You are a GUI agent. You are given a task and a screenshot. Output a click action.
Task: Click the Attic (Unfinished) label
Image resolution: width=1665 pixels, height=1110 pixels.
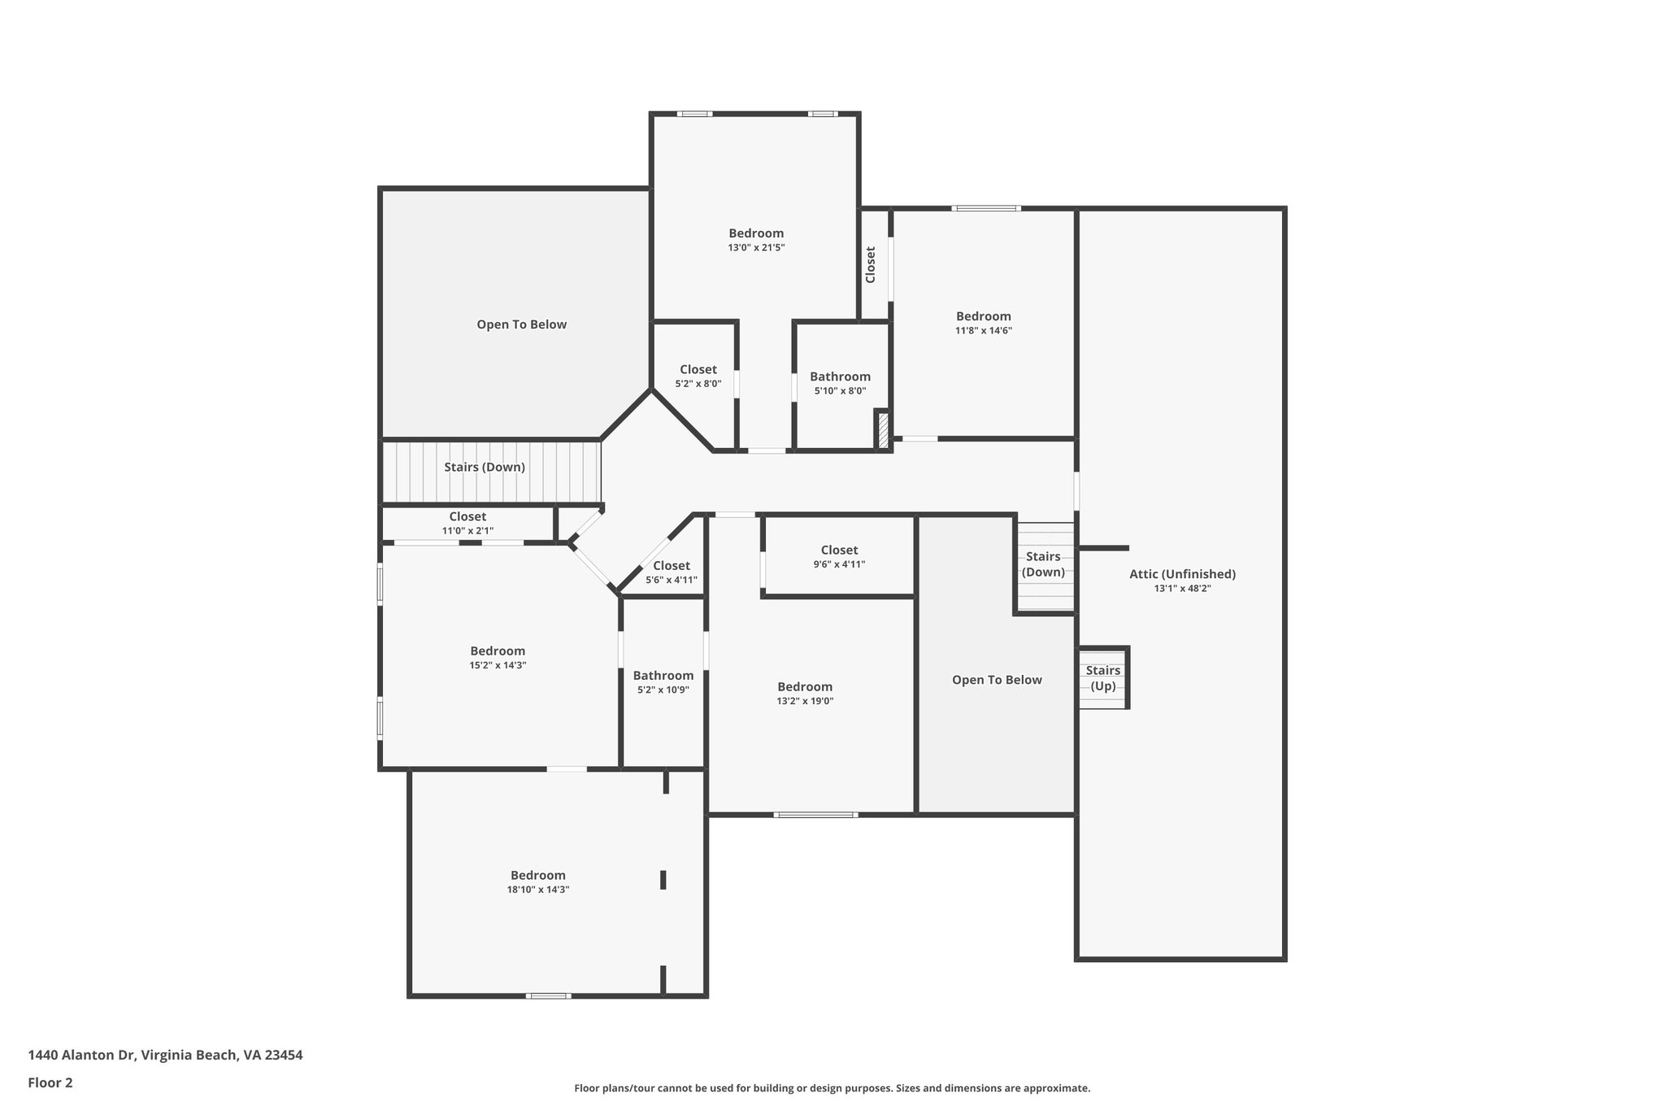1182,574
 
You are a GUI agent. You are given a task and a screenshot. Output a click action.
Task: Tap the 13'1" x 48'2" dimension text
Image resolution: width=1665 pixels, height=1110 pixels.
1182,589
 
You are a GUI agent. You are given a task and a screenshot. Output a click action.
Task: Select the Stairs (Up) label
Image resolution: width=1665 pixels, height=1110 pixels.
1103,678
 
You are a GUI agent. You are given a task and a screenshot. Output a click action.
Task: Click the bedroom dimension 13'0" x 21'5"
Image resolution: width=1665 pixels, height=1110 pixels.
756,248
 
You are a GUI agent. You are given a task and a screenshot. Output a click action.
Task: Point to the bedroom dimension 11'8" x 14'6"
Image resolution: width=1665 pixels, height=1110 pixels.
984,331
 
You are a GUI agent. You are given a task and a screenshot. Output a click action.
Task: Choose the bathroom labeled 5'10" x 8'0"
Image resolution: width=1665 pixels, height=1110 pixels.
841,383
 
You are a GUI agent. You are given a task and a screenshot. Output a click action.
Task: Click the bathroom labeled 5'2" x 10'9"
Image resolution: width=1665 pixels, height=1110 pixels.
663,682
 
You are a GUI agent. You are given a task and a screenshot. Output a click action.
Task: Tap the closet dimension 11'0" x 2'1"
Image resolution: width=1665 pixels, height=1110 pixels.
467,531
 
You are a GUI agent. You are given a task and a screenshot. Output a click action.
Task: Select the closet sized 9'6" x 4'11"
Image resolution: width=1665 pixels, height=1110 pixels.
839,556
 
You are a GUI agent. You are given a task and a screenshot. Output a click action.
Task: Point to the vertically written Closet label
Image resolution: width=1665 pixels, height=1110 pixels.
871,264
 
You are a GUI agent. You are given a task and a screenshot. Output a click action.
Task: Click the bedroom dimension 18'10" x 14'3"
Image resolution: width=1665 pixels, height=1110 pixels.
538,890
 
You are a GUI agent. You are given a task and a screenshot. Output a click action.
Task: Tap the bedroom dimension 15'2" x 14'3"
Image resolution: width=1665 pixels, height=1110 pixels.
498,665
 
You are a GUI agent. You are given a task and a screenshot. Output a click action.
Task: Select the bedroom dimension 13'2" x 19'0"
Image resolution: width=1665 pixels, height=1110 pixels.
805,701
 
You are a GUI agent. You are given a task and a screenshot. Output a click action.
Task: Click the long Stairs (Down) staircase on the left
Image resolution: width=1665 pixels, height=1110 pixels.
491,472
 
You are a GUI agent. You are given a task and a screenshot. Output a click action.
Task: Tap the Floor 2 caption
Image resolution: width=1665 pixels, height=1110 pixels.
50,1082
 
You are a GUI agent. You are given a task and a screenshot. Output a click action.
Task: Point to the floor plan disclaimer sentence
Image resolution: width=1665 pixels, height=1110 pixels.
832,1088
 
